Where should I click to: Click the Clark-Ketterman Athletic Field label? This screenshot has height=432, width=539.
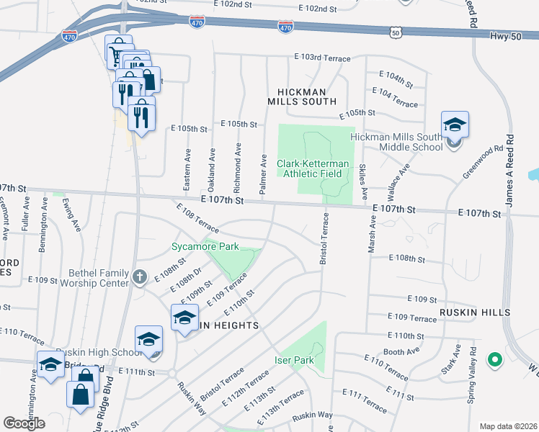[x=313, y=168]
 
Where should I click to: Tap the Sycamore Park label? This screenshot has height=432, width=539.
[x=205, y=247]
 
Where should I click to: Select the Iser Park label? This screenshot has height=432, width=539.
[x=294, y=360]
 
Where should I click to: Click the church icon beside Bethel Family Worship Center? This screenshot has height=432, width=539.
[x=140, y=276]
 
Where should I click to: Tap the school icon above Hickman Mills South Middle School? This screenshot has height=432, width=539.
[x=455, y=125]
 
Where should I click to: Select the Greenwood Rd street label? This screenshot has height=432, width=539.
[x=483, y=163]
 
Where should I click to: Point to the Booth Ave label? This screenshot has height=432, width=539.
[x=401, y=352]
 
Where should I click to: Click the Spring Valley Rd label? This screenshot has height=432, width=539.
[x=473, y=385]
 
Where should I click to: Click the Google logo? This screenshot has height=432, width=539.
[x=24, y=423]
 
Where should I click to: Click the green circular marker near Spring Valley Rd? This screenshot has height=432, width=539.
[x=494, y=359]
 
